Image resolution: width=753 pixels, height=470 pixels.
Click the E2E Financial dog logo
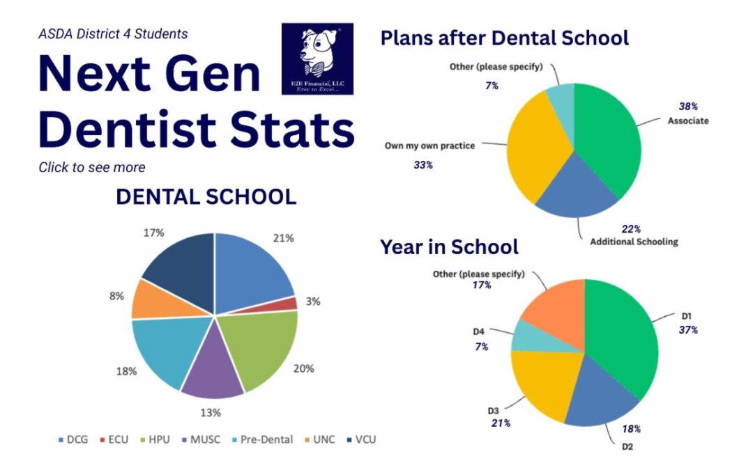click(317, 58)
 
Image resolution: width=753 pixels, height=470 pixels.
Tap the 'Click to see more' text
click(92, 167)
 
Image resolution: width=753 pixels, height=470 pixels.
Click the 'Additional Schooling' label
click(634, 242)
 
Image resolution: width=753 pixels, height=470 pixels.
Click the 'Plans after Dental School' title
click(504, 38)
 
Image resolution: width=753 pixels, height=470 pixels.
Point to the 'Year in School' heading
click(449, 246)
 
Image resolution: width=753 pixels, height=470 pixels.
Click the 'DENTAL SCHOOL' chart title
click(206, 197)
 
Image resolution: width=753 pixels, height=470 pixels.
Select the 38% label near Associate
click(688, 107)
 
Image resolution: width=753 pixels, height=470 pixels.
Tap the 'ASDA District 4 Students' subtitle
click(113, 33)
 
